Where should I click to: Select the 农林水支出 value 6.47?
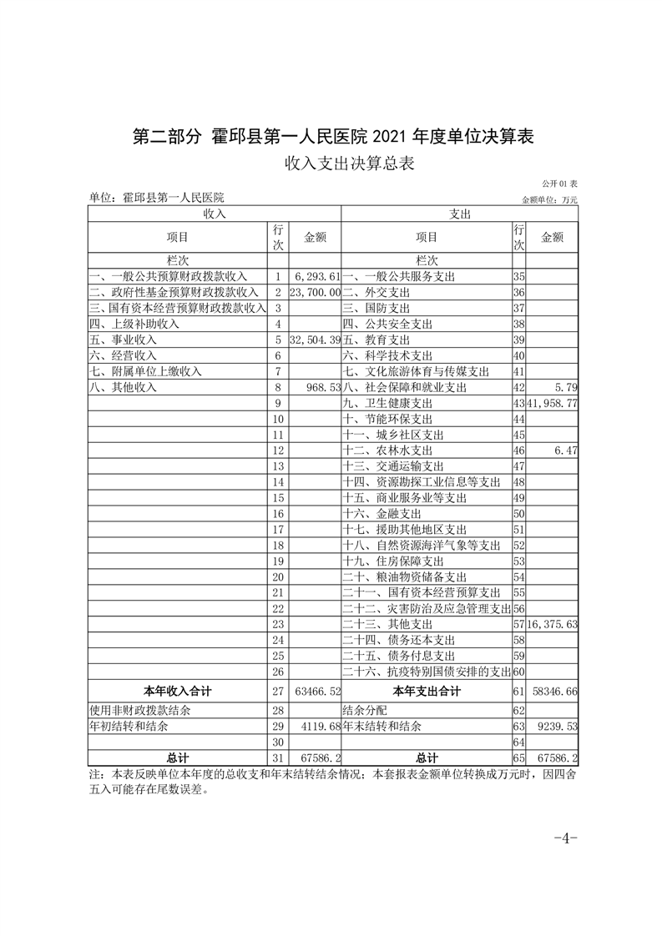coord(565,451)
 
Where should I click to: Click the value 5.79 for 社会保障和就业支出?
coord(565,388)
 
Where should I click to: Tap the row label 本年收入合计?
coord(178,691)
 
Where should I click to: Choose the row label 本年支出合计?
coord(427,691)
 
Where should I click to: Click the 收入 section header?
coord(215,214)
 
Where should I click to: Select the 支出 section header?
coord(460,214)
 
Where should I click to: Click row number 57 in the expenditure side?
coord(518,624)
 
